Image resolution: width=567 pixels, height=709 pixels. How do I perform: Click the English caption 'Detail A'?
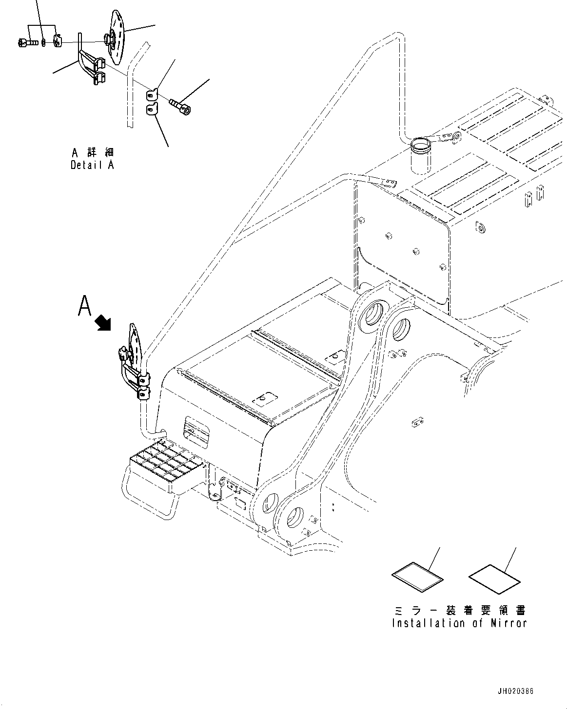coord(92,165)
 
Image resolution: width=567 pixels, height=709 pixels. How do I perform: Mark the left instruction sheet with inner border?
coord(418,578)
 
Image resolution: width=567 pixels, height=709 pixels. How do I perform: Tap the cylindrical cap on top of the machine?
coord(420,155)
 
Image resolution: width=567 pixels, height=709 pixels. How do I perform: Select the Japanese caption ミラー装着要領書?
coord(459,611)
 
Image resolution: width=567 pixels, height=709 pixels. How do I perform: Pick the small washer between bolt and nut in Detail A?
coord(43,43)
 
